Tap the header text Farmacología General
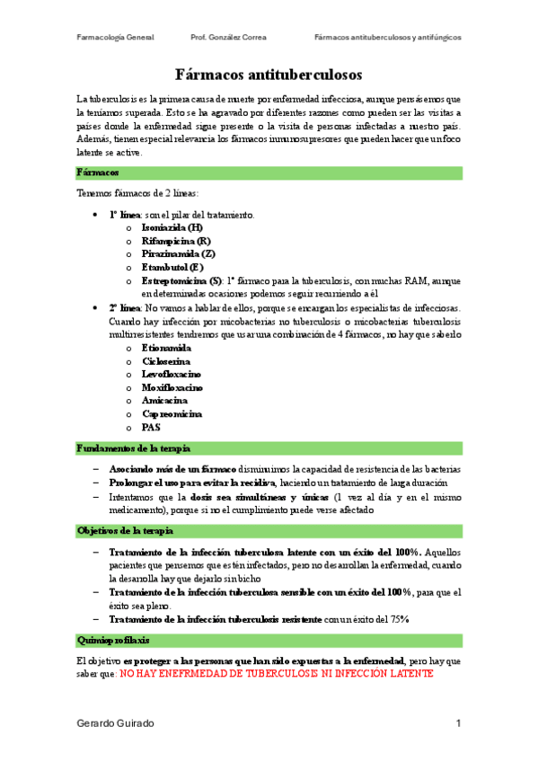pyautogui.click(x=116, y=38)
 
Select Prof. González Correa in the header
pyautogui.click(x=229, y=38)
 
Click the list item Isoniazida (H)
pyautogui.click(x=172, y=228)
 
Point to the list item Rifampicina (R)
pyautogui.click(x=176, y=241)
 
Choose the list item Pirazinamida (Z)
pyautogui.click(x=178, y=254)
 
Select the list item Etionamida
pyautogui.click(x=166, y=347)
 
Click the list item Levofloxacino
pyautogui.click(x=172, y=374)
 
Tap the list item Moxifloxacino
pyautogui.click(x=172, y=387)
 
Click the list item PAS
pyautogui.click(x=151, y=428)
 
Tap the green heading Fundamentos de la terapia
pyautogui.click(x=133, y=447)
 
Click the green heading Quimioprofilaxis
pyautogui.click(x=114, y=640)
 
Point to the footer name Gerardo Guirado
pyautogui.click(x=116, y=723)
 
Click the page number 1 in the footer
pyautogui.click(x=458, y=723)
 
